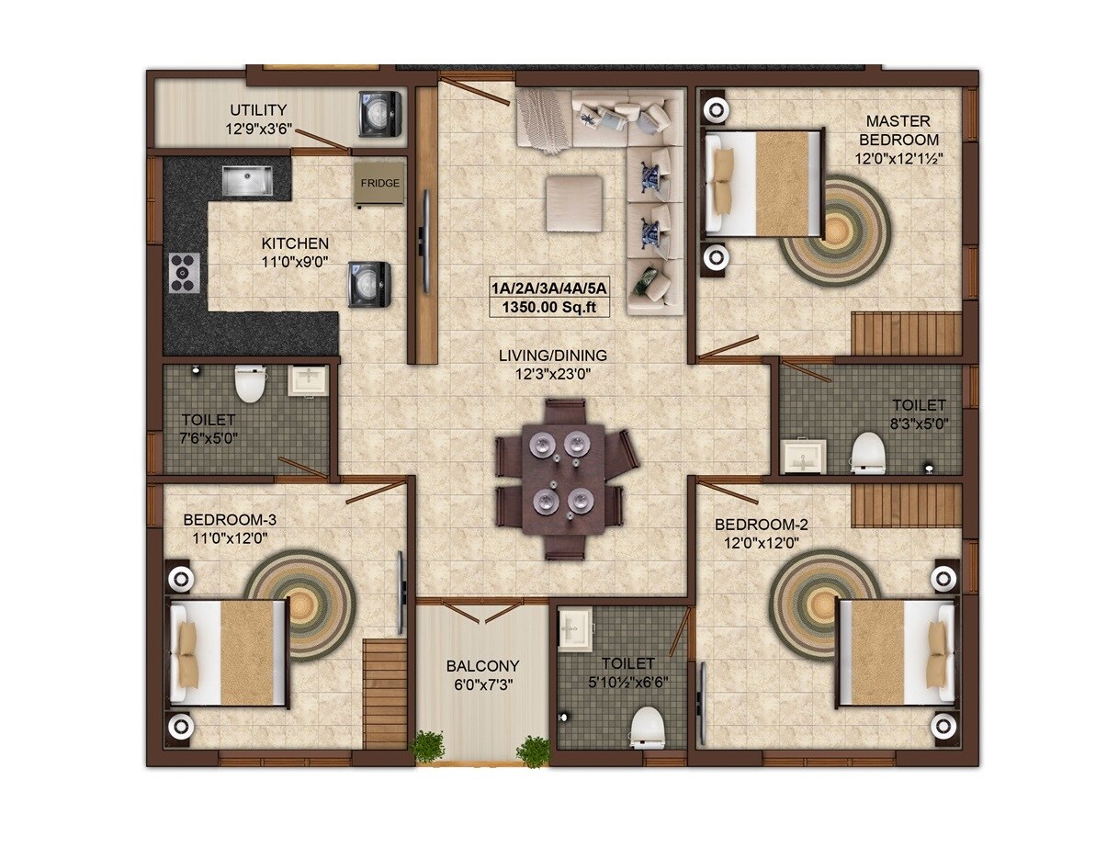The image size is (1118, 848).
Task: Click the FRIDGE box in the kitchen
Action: tap(379, 184)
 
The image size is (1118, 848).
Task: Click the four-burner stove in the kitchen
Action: tap(185, 273)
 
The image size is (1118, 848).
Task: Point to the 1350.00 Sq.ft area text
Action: tap(549, 307)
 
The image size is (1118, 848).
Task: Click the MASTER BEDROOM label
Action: tap(898, 130)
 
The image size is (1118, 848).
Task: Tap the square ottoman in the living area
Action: tap(574, 203)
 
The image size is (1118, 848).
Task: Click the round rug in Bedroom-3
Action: tap(300, 604)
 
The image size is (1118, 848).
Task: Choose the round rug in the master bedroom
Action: tap(836, 231)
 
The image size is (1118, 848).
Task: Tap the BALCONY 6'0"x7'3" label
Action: tap(482, 674)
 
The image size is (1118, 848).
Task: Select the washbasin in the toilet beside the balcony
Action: tap(576, 629)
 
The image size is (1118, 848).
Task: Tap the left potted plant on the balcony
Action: tap(427, 747)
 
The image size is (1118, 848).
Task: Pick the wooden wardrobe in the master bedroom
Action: tap(907, 334)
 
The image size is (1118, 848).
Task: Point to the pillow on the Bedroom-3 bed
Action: tap(188, 653)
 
